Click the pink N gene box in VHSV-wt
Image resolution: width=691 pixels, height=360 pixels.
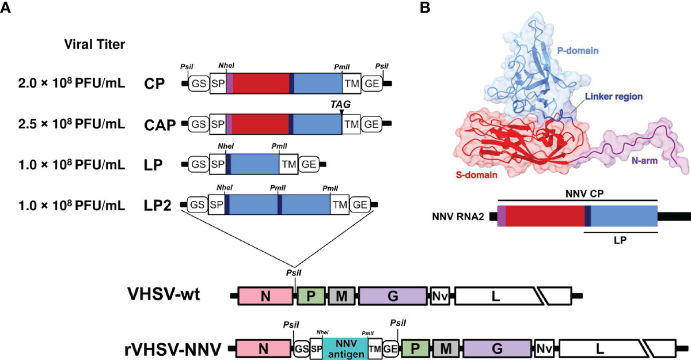click(x=265, y=296)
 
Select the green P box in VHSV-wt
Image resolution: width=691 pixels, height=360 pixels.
click(x=311, y=296)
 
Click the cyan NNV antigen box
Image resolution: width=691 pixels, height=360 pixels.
click(x=345, y=348)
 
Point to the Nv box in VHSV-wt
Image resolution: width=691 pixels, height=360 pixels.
click(x=439, y=296)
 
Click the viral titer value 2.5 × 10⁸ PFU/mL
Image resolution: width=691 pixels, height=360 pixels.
click(x=71, y=124)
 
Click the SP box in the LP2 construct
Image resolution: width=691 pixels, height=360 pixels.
click(x=217, y=204)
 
